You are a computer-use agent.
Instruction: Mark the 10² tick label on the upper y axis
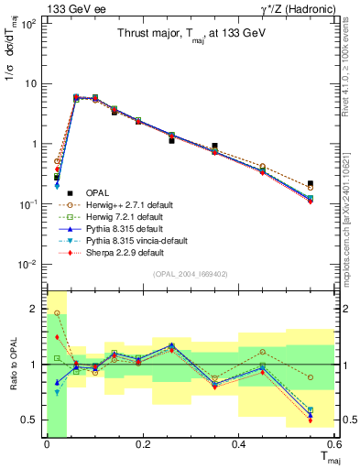pos(29,23)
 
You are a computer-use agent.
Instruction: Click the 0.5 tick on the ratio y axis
pos(31,420)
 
